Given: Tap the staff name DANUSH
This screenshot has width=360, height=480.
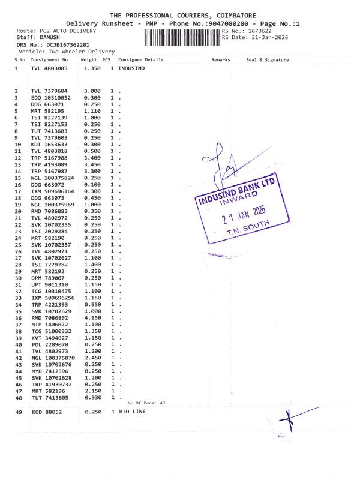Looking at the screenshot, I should click(x=46, y=37).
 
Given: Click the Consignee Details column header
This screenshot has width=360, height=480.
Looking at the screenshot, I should click(x=140, y=60).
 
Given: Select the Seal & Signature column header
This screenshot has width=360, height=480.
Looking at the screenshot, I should click(x=267, y=60).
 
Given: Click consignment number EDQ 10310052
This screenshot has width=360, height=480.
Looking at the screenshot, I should click(x=51, y=97).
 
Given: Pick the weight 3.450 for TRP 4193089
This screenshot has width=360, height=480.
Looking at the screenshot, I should click(x=92, y=164).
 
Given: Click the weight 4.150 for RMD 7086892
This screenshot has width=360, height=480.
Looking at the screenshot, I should click(x=92, y=318).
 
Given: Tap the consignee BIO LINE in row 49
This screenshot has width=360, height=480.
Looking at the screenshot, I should click(x=132, y=412).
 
